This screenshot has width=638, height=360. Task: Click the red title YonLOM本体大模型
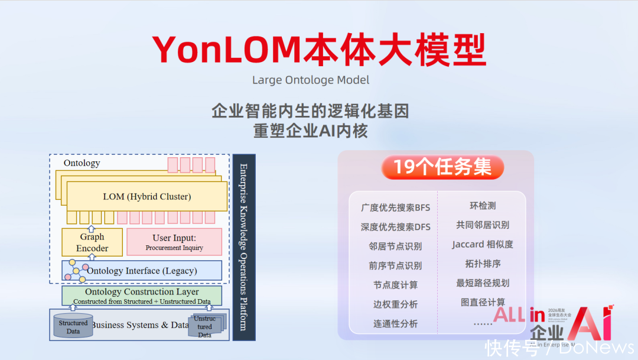click(x=319, y=50)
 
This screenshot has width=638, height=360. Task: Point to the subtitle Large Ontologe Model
click(x=311, y=80)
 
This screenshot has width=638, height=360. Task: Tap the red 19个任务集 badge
click(x=442, y=167)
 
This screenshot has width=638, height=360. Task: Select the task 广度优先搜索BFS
click(x=395, y=207)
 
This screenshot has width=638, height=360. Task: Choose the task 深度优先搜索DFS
click(x=395, y=227)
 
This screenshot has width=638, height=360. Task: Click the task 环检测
click(x=482, y=206)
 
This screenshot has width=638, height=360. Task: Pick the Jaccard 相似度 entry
click(x=482, y=244)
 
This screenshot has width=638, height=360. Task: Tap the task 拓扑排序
click(x=482, y=264)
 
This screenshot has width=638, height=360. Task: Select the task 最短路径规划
click(x=482, y=283)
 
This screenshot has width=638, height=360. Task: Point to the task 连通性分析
click(x=395, y=323)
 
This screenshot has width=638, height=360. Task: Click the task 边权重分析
click(x=395, y=304)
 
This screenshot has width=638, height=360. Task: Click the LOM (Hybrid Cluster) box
click(x=147, y=196)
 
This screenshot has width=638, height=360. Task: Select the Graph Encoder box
click(x=92, y=242)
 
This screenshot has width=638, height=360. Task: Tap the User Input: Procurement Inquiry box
click(x=174, y=242)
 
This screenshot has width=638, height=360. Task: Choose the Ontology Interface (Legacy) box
click(x=142, y=271)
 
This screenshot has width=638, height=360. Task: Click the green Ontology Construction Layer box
click(x=142, y=296)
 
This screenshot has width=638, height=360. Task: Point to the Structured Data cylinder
click(x=73, y=326)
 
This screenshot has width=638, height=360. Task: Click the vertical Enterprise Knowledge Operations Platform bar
click(x=244, y=247)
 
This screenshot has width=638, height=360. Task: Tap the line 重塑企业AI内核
click(x=311, y=131)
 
